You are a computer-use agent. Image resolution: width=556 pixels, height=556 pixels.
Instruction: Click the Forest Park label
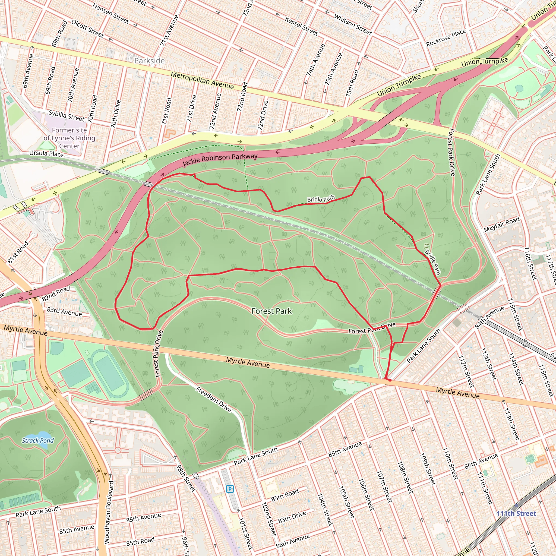tap(271, 311)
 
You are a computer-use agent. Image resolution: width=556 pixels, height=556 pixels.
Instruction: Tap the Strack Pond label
tap(38, 441)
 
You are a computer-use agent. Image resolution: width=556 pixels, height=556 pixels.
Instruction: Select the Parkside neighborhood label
tap(149, 61)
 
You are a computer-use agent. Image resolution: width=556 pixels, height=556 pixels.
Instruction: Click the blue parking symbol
tap(230, 489)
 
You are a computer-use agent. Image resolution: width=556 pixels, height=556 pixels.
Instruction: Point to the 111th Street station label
tap(516, 514)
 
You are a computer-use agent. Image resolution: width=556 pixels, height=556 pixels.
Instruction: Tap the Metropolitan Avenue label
tap(202, 80)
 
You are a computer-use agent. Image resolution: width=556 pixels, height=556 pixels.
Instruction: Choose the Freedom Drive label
tap(214, 399)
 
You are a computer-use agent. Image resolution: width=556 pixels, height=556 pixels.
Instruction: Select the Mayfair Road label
tap(502, 225)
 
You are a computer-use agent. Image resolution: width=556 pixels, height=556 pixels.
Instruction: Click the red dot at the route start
tap(390, 380)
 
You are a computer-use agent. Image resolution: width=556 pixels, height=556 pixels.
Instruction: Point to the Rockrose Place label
tap(446, 38)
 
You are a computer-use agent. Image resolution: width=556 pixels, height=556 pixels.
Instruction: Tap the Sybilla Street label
tap(67, 116)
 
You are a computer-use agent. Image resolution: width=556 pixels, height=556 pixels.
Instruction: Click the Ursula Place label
tap(46, 153)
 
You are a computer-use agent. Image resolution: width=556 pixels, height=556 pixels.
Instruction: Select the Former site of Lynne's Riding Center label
tap(69, 138)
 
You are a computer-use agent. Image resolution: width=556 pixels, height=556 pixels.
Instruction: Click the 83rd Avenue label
tap(64, 312)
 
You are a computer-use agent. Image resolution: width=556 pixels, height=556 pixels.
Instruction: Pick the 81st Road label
tap(18, 252)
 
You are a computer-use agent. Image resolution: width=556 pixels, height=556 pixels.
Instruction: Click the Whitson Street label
tap(353, 24)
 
